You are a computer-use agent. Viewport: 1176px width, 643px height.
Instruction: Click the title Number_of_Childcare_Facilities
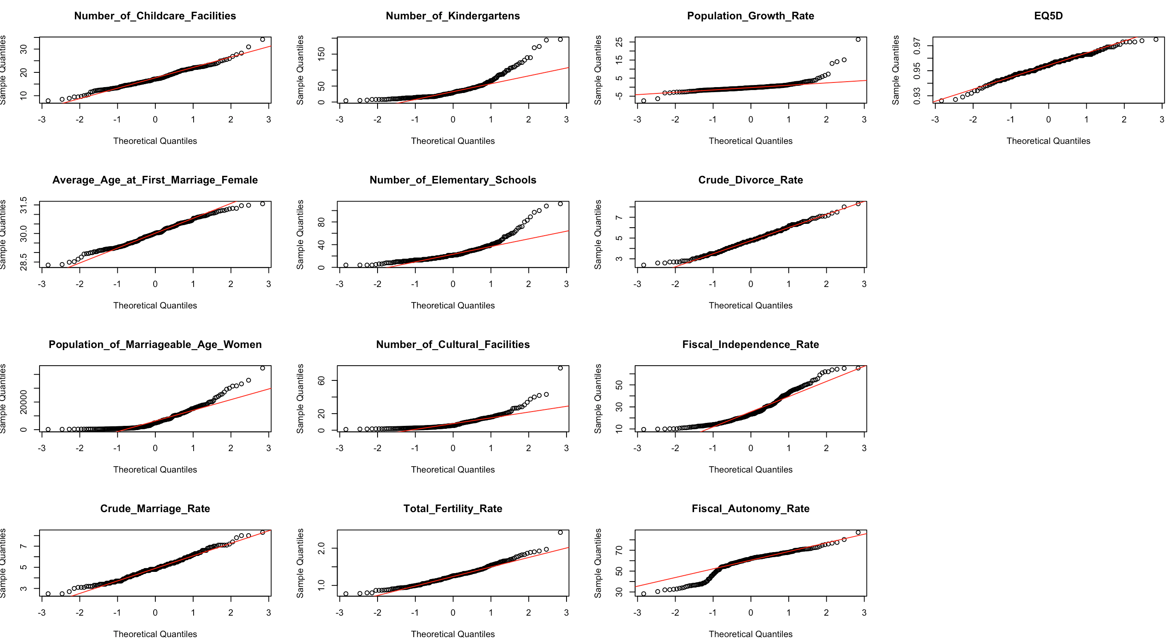[x=155, y=16]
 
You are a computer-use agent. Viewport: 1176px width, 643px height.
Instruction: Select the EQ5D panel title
[x=1048, y=16]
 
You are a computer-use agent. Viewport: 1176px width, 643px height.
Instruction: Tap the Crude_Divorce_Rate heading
[x=750, y=180]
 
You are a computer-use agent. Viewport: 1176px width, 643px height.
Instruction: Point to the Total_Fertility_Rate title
[x=452, y=508]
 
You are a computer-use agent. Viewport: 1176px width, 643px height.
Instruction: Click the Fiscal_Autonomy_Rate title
[x=750, y=508]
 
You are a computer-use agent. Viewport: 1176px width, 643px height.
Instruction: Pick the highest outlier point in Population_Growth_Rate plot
[x=858, y=40]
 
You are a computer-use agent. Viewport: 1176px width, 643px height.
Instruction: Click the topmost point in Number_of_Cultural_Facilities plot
[x=560, y=368]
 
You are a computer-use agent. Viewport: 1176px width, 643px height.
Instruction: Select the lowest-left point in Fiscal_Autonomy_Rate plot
[x=643, y=594]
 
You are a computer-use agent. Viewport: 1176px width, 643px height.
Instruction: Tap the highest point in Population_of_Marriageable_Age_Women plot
[x=263, y=368]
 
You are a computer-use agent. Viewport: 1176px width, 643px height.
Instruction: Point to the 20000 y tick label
[x=23, y=402]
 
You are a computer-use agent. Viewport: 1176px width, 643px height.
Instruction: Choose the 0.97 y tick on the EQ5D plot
[x=917, y=45]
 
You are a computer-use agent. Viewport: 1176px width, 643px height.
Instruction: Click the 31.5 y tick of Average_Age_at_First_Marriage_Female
[x=23, y=205]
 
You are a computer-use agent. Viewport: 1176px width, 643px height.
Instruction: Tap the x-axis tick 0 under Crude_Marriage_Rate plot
[x=155, y=612]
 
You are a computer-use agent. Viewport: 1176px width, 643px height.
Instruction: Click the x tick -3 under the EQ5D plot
[x=935, y=120]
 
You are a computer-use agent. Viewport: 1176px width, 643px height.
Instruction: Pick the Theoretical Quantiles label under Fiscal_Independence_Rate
[x=750, y=470]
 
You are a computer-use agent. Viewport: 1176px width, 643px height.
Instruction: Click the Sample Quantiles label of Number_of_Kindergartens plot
[x=300, y=70]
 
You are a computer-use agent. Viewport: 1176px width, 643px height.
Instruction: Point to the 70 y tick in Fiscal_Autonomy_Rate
[x=619, y=550]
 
